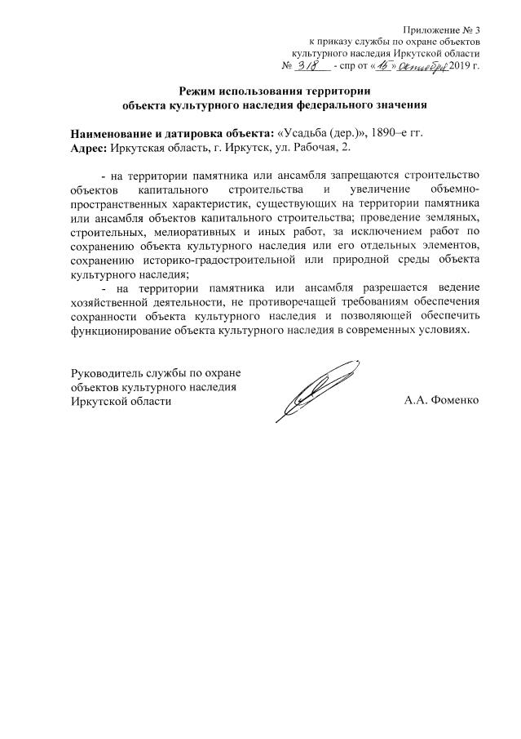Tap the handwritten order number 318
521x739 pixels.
pos(307,65)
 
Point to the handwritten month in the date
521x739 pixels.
pos(425,65)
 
